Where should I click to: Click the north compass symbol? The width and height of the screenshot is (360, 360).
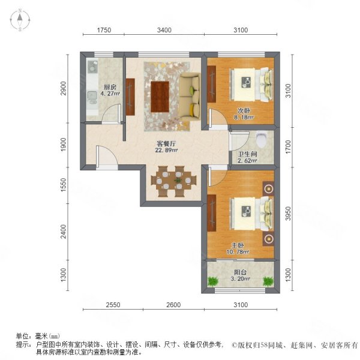[20, 20]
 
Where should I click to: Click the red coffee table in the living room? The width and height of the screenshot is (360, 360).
[160, 96]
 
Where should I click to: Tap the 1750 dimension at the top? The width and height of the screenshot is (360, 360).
[104, 30]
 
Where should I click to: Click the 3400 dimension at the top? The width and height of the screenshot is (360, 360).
[164, 30]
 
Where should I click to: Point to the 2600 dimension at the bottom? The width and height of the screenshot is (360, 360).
[173, 305]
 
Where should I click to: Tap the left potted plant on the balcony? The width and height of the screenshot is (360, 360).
[213, 281]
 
